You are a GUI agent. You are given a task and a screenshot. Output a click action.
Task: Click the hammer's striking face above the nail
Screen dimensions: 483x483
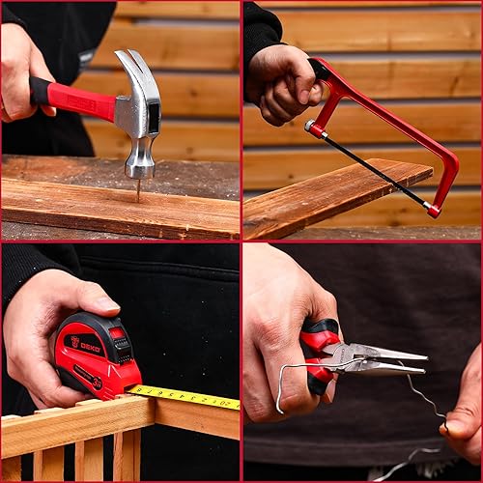pos(140,171)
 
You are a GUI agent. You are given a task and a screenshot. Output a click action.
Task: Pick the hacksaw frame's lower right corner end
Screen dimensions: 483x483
pos(434,210)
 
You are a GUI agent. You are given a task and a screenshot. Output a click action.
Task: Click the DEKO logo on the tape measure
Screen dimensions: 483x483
pos(86,342)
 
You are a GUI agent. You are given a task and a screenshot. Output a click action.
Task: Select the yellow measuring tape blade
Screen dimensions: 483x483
pos(188,396)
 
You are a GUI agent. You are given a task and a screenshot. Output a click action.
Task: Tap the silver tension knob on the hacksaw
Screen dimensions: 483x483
pos(311,127)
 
